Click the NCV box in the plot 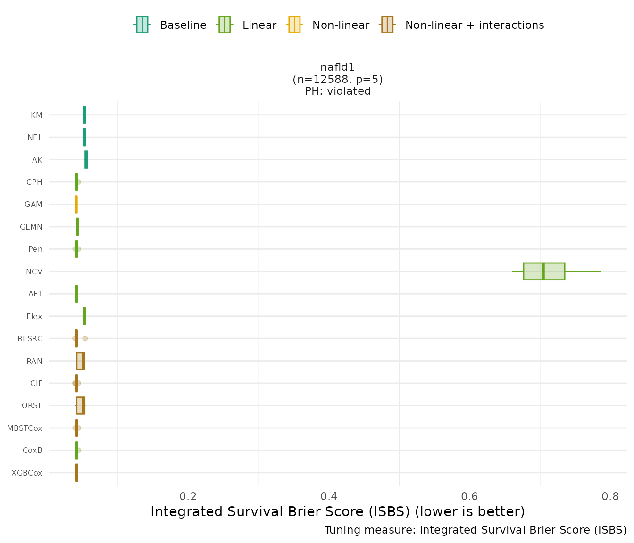(x=543, y=271)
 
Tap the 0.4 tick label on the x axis (x=329, y=496)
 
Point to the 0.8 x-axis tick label (x=611, y=496)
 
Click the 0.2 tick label (x=188, y=496)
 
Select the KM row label (x=36, y=115)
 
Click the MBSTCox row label (x=25, y=428)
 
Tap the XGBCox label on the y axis (x=27, y=473)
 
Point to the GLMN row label (x=31, y=227)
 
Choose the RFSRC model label (x=30, y=338)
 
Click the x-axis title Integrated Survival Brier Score (x=337, y=511)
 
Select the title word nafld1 (x=337, y=67)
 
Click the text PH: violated (x=337, y=91)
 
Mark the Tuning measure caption (x=475, y=530)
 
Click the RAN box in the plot (x=81, y=361)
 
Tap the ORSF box (x=81, y=406)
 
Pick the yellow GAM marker (x=76, y=205)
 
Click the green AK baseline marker (x=86, y=160)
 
